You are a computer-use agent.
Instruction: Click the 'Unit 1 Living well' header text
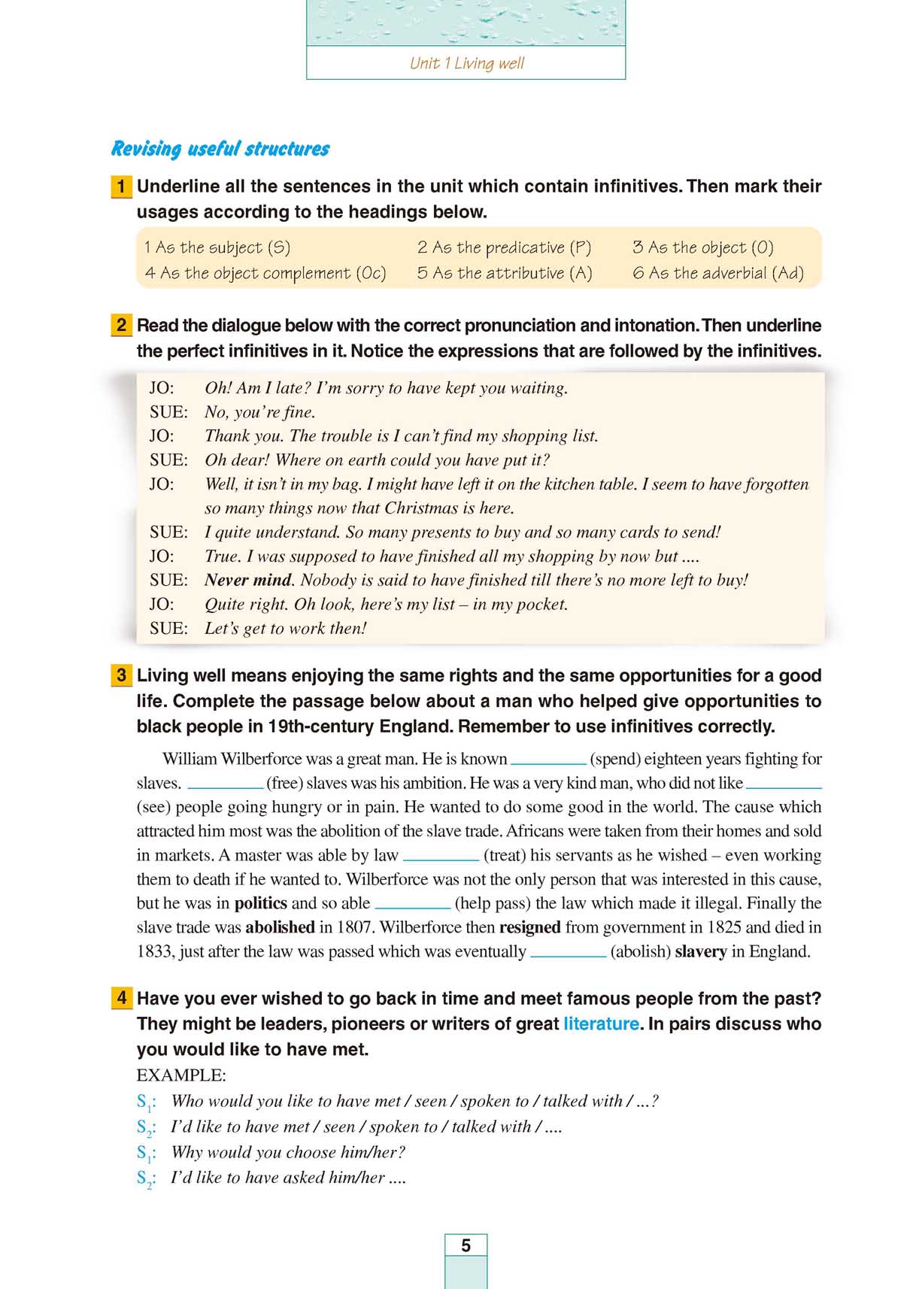[x=466, y=63]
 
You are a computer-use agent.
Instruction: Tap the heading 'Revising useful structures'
[x=220, y=148]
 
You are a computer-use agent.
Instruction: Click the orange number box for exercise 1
[x=121, y=187]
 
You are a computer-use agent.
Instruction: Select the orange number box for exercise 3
[x=121, y=675]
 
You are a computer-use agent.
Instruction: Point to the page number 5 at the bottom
[x=466, y=1245]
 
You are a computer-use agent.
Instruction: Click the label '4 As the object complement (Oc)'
[x=265, y=273]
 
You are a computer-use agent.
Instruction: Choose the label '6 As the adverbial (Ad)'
[x=718, y=273]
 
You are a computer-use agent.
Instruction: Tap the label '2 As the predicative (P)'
[x=504, y=247]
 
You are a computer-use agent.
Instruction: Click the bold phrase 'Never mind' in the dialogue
[x=247, y=580]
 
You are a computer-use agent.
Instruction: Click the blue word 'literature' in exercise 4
[x=601, y=1024]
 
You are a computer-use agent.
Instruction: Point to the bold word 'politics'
[x=260, y=903]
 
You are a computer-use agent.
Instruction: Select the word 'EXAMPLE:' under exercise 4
[x=181, y=1075]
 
